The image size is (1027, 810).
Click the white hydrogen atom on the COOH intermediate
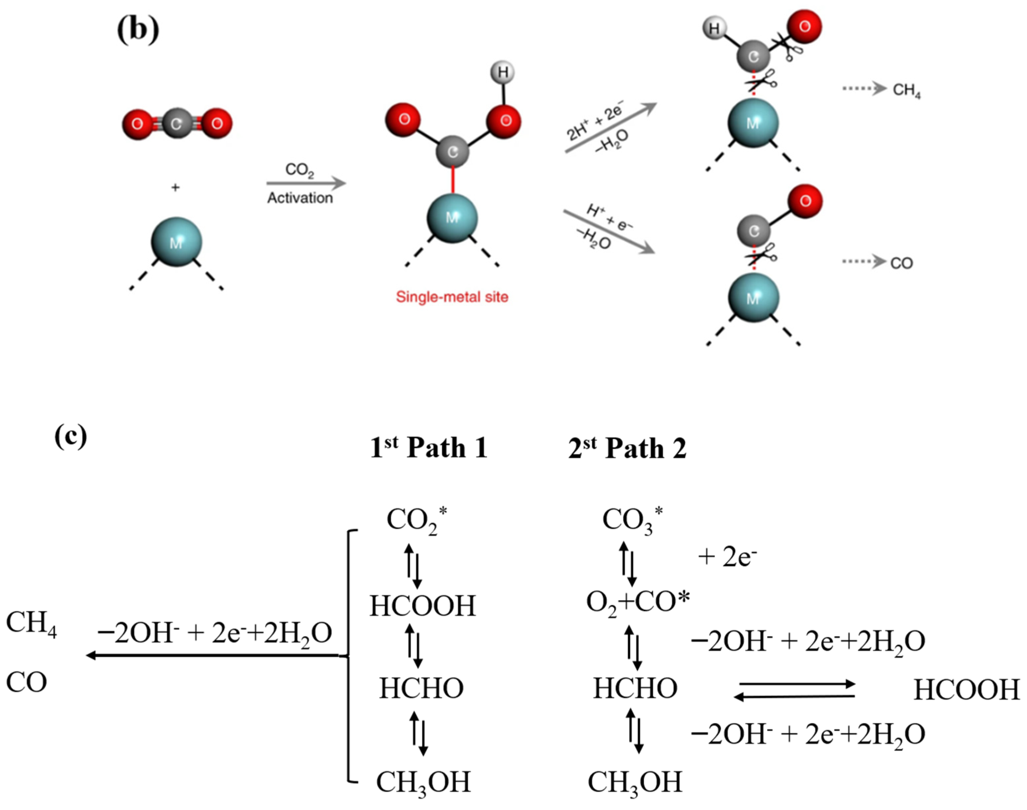[x=503, y=73]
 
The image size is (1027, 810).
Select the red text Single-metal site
[x=452, y=297]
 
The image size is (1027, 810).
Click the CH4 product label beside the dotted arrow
[x=906, y=90]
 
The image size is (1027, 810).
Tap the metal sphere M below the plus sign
[x=176, y=242]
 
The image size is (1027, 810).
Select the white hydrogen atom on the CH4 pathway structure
[x=714, y=29]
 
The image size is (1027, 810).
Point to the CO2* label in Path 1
[x=416, y=520]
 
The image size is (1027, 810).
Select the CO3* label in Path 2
[x=632, y=520]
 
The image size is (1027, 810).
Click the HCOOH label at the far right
[x=966, y=689]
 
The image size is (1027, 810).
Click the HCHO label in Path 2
[x=635, y=688]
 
